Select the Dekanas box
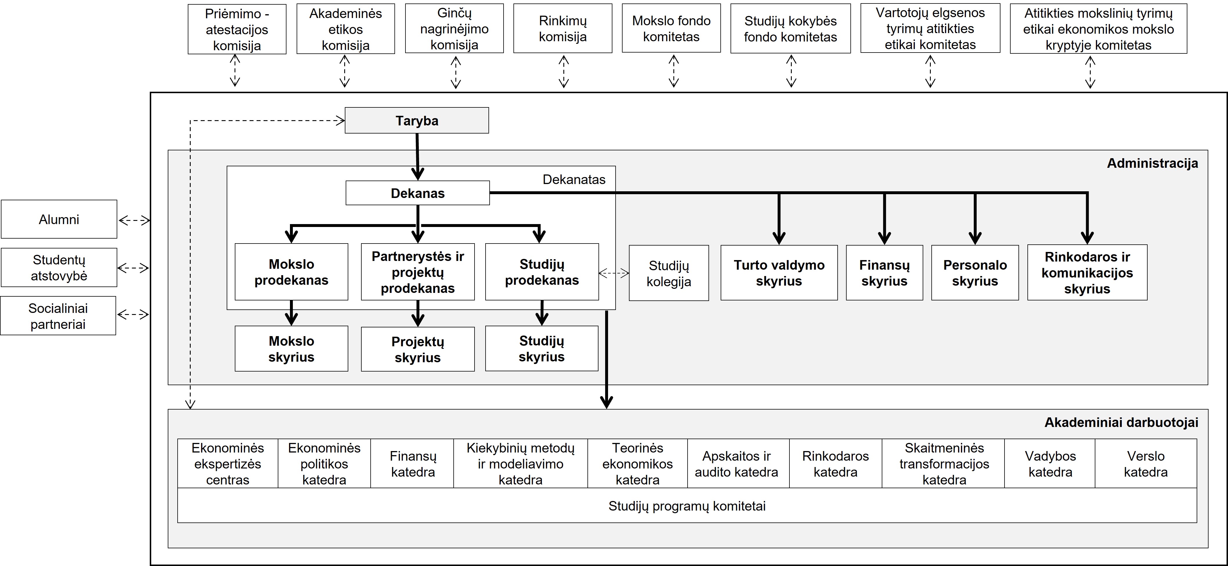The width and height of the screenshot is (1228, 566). pos(418,193)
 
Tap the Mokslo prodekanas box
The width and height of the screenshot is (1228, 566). pos(291,272)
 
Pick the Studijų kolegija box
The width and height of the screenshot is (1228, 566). pos(669,273)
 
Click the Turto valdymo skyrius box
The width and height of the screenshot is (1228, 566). pos(779,273)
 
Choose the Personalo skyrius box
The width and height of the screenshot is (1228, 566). pos(975,273)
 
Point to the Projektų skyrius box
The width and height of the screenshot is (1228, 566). pos(418,349)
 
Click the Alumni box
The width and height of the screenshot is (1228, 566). pos(59,219)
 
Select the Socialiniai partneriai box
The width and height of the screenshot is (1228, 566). pos(58,316)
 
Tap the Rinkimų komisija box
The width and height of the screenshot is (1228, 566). pos(562,29)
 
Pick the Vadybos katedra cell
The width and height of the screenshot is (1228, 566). pos(1050,464)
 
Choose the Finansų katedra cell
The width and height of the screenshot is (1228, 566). pos(412,464)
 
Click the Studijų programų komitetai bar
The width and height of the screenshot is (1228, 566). pos(687,505)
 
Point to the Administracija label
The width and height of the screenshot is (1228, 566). pos(1152,163)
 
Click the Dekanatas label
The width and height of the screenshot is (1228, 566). pos(574,179)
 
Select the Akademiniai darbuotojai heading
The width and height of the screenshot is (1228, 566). pos(1121,423)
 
